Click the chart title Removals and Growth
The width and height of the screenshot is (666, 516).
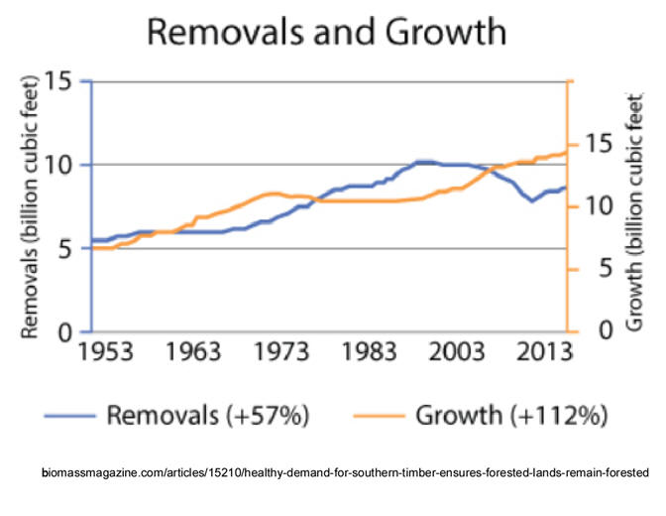326,33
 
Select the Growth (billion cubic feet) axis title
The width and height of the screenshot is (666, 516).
635,211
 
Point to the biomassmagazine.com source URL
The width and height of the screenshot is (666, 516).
346,473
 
